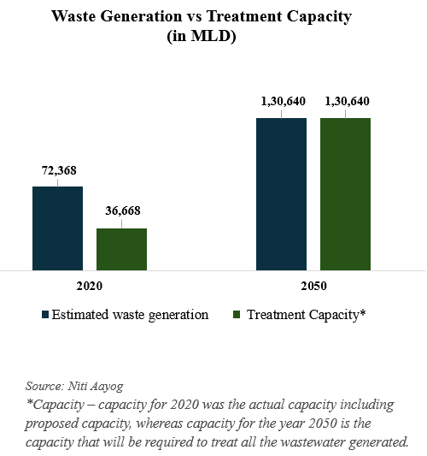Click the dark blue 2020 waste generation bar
57,228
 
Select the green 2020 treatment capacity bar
121,249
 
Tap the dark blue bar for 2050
281,194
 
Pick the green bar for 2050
345,194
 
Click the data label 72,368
59,170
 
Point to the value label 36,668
123,210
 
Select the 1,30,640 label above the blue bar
284,101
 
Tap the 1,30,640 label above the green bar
348,101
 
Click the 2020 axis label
90,286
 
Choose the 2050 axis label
313,286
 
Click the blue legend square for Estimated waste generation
45,315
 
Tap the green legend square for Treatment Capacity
237,315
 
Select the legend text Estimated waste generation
130,315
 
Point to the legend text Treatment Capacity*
307,315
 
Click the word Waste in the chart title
73,16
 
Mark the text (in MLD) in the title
202,36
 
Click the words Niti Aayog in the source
96,387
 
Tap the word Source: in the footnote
44,386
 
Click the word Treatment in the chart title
244,16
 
